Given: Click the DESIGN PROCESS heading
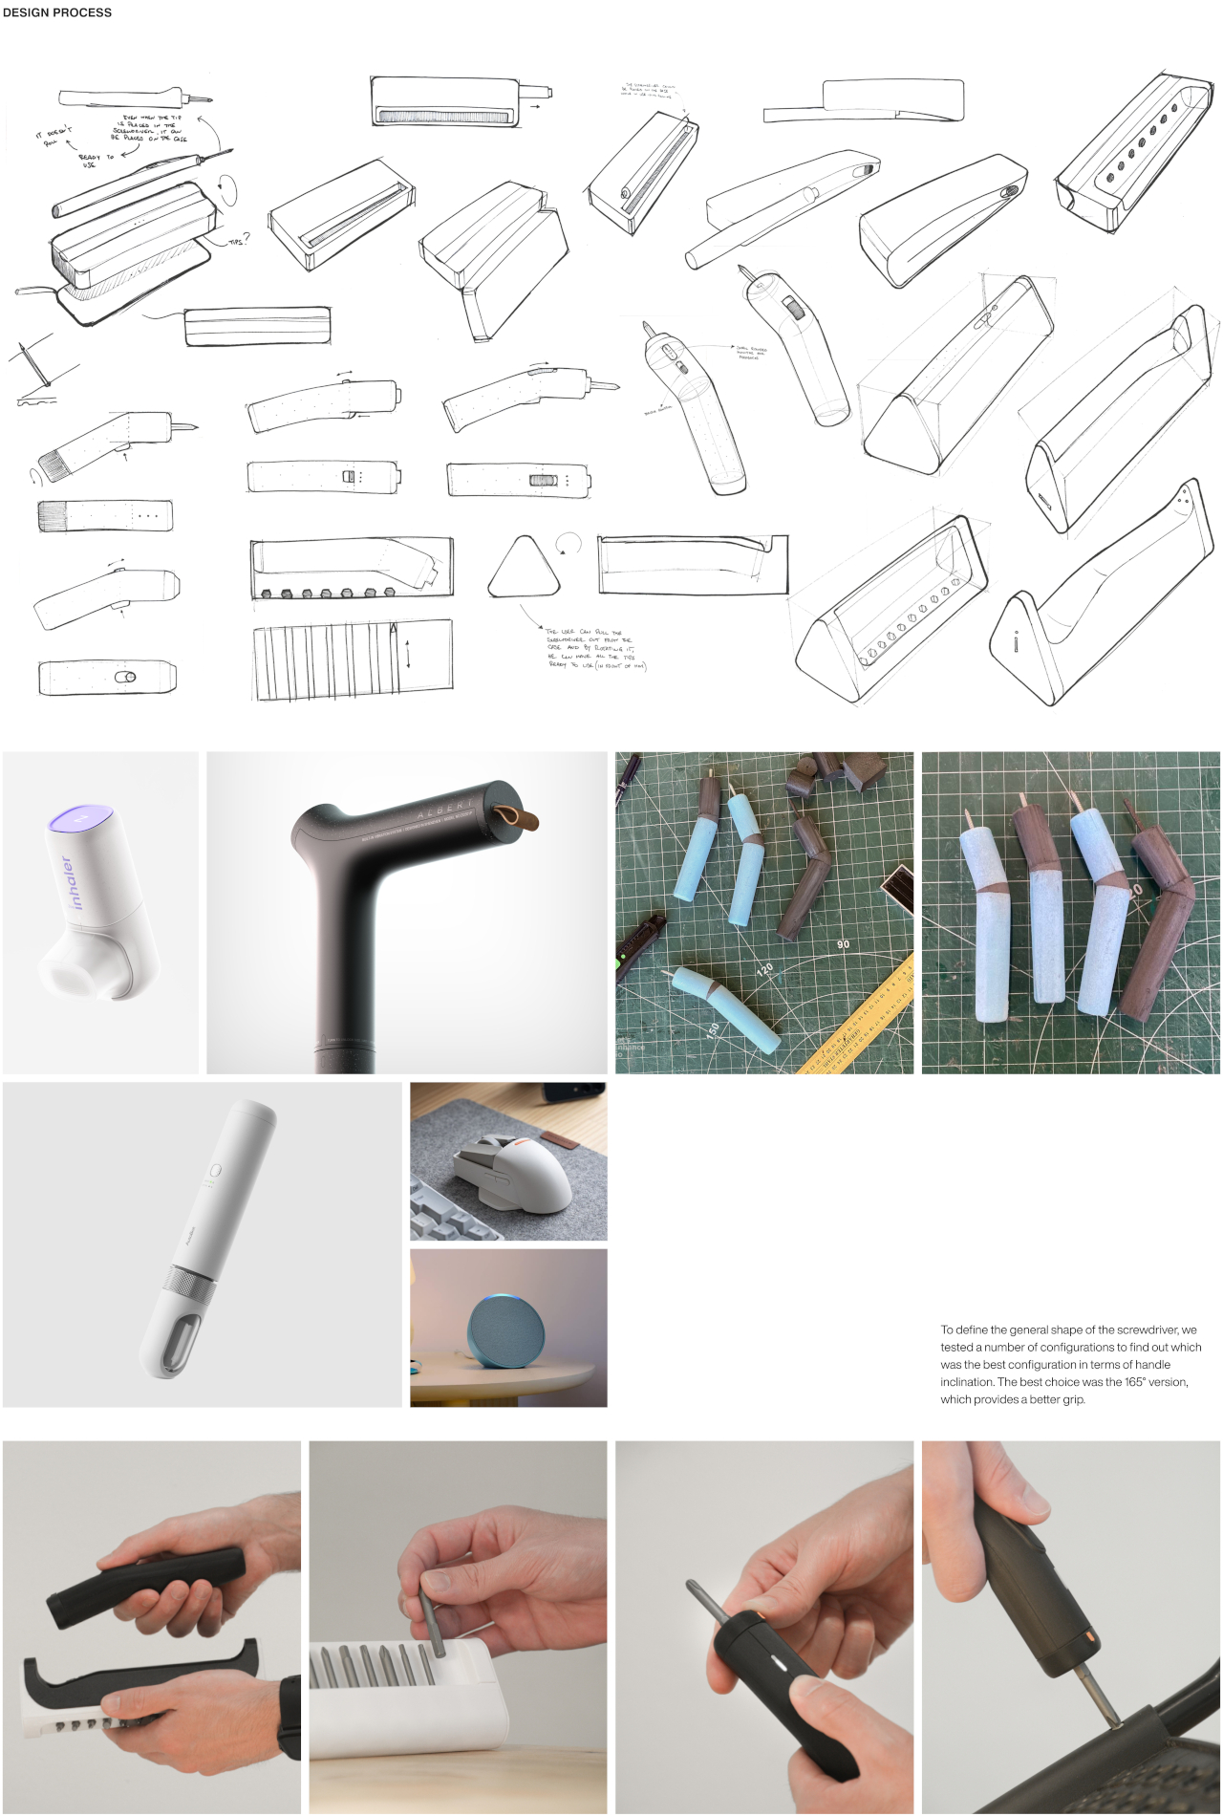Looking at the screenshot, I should point(57,12).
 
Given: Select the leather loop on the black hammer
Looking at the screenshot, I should point(521,816).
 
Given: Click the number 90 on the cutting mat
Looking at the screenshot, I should point(843,944).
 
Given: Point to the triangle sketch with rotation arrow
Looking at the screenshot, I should point(524,567).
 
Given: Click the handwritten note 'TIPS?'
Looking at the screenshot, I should point(238,240).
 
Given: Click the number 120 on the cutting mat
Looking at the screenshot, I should point(765,969).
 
